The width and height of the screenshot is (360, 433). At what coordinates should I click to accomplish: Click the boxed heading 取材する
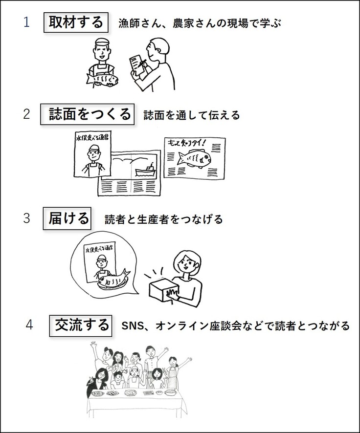76,22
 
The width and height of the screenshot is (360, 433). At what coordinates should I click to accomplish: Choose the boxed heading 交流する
82,325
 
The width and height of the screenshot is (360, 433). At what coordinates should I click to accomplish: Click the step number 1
26,22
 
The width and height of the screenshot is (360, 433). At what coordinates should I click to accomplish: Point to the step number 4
29,325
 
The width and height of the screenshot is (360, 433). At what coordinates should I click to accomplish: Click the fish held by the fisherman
102,79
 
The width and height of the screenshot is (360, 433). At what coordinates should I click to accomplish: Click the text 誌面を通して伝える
192,115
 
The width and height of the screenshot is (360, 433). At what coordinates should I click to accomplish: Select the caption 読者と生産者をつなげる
163,219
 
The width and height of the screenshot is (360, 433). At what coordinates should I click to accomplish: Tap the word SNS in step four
131,326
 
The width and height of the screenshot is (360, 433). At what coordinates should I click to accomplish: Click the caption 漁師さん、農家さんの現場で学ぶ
200,23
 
